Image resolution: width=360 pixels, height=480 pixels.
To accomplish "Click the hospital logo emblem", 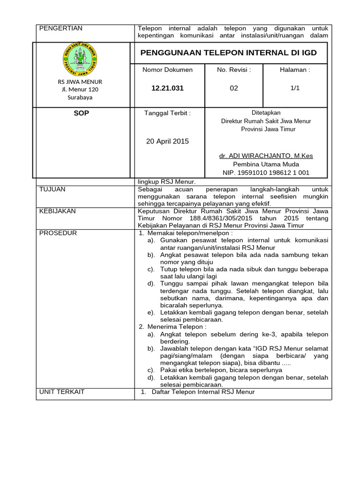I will [x=80, y=59].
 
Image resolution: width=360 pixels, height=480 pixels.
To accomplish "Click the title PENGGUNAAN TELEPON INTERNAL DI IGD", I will [x=228, y=52].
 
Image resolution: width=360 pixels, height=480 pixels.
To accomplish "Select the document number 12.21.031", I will [x=167, y=88].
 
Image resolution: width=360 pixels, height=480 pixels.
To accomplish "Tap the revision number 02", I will [x=234, y=88].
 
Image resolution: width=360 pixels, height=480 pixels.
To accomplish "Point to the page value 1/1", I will [x=295, y=88].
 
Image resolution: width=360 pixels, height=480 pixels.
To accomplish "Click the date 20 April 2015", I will [x=167, y=141].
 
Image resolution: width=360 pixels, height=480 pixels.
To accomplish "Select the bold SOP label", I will [x=81, y=113].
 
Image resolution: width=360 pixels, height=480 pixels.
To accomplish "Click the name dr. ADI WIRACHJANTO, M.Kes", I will [x=266, y=156].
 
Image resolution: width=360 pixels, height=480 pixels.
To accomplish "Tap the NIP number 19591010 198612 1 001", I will [x=266, y=172].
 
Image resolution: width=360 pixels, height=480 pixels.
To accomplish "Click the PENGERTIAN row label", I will [x=60, y=28].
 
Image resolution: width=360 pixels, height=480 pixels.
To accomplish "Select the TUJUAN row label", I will [x=52, y=189].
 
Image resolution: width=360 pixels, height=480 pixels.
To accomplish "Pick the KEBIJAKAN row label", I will [x=57, y=211].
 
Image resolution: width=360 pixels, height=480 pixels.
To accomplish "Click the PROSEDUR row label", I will [x=58, y=233].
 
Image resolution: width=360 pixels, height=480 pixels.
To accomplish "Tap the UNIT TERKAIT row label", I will [x=62, y=391].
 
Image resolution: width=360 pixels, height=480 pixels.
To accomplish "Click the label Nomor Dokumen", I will [x=167, y=70].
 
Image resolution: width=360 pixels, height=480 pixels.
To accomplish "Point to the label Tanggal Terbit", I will [x=167, y=113].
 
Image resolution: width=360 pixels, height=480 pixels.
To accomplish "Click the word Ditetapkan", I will [x=266, y=112].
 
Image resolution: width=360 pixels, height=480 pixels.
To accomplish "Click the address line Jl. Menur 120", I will [x=80, y=90].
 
